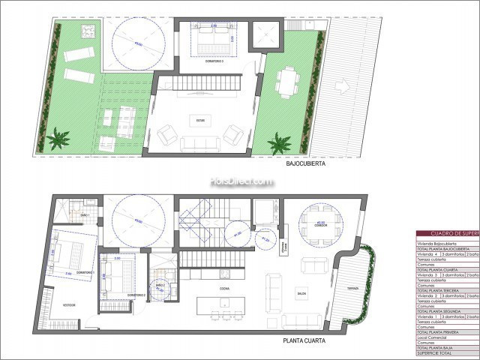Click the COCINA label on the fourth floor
(225, 288)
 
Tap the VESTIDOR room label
(68, 305)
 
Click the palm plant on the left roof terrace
(58, 139)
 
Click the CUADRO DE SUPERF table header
(446, 234)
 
